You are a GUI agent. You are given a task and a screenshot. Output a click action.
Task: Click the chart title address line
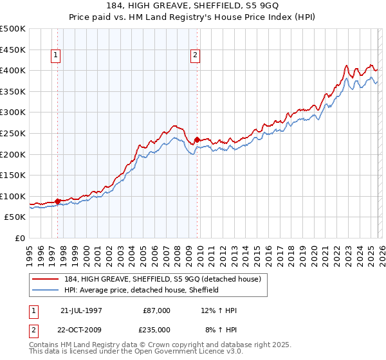(x=192, y=7)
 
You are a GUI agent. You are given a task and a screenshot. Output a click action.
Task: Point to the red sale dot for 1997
(x=58, y=201)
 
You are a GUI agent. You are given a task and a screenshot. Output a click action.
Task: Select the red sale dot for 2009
(x=197, y=139)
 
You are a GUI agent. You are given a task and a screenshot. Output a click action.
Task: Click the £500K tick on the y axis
(x=12, y=29)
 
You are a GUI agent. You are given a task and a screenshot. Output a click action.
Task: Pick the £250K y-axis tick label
(x=12, y=133)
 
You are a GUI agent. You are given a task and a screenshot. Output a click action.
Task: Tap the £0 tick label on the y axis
(x=20, y=238)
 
